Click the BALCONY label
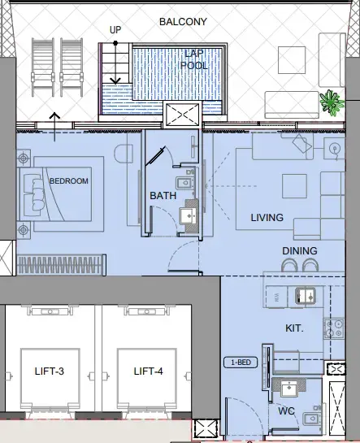point(184,22)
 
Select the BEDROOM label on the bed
point(68,180)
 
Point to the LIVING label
point(267,218)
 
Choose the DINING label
point(300,251)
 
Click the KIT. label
point(294,328)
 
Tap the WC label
point(286,410)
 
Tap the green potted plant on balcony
point(330,102)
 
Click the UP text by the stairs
point(116,30)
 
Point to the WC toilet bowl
point(312,419)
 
